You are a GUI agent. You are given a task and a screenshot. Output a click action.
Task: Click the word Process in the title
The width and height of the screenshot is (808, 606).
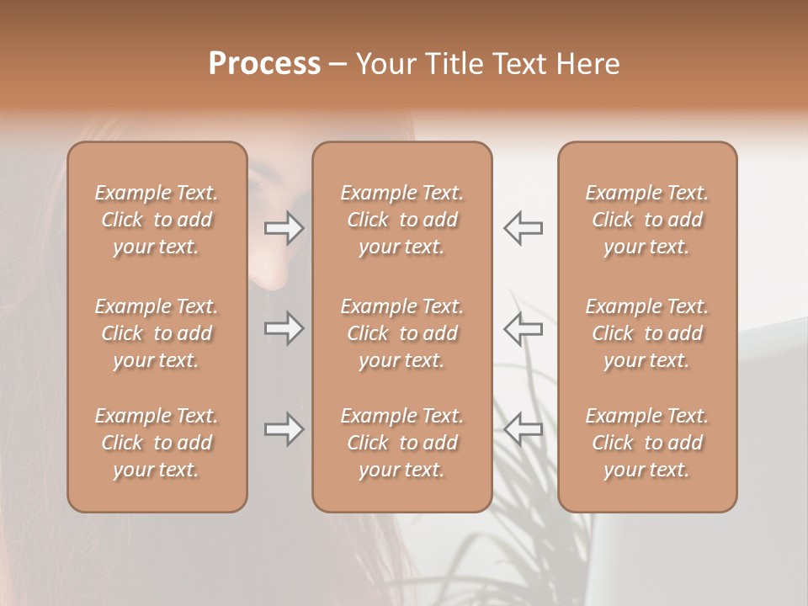click(264, 64)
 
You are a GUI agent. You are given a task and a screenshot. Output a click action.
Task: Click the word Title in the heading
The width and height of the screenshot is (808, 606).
click(452, 64)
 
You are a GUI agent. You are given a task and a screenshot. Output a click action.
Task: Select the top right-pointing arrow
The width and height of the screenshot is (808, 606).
click(284, 227)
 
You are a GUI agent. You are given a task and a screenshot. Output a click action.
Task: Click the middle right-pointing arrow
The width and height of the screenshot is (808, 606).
click(284, 327)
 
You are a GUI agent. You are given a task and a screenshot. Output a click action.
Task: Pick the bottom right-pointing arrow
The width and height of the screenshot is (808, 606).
click(284, 429)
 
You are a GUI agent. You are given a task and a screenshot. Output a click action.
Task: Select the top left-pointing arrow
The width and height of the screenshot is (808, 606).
click(523, 227)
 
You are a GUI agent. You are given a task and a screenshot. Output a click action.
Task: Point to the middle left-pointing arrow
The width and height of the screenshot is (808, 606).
click(523, 327)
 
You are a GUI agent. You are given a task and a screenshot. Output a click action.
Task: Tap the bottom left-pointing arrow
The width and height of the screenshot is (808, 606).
click(523, 429)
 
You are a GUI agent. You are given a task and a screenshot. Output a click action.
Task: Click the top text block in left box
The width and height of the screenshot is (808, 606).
click(157, 220)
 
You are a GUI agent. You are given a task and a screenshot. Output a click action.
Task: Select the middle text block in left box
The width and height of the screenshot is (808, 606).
click(157, 333)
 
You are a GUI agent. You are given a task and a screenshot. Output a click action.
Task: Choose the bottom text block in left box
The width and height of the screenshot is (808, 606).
click(157, 443)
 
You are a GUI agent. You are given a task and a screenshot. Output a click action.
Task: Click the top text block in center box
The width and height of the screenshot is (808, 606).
click(402, 220)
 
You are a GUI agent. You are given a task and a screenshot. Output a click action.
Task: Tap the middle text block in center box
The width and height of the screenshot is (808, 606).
click(402, 333)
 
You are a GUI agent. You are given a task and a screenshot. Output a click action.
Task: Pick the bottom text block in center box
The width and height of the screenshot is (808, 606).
click(402, 443)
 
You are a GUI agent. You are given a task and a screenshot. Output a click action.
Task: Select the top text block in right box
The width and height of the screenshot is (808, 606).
click(647, 220)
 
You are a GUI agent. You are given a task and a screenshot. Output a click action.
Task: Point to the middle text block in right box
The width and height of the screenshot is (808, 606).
click(647, 333)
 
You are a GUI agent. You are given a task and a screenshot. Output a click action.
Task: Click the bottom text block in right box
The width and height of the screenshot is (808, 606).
click(647, 443)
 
